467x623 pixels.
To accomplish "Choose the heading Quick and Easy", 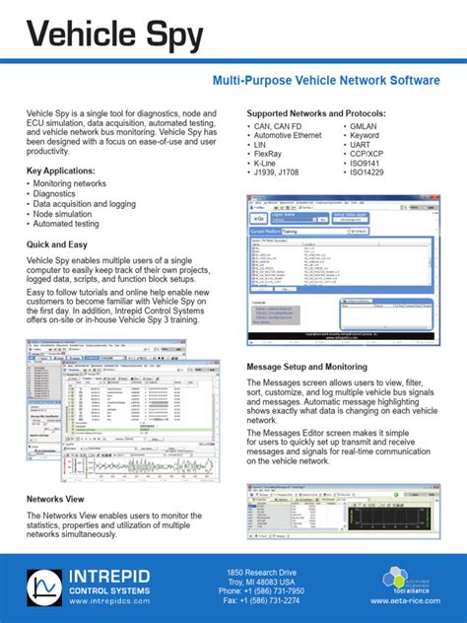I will click(66, 245).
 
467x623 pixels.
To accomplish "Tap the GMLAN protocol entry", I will click(368, 126).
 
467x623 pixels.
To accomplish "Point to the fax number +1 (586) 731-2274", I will click(259, 600).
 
